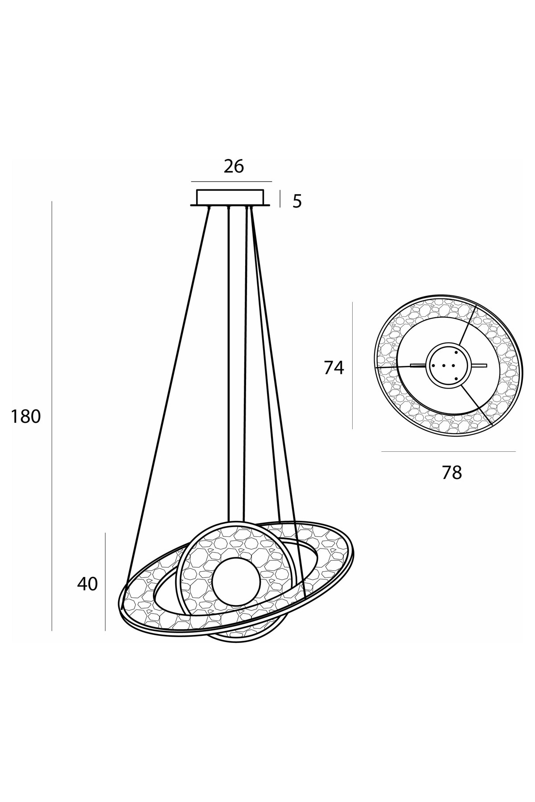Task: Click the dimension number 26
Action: [234, 166]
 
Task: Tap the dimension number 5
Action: [297, 202]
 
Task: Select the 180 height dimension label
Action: [25, 417]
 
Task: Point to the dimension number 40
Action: [87, 584]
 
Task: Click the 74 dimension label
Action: [334, 368]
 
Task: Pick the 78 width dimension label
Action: [452, 473]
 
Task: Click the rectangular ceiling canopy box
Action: [230, 197]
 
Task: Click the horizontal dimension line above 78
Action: [449, 451]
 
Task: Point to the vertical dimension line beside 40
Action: [105, 581]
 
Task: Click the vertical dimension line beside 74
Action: [353, 365]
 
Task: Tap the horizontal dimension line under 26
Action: [231, 182]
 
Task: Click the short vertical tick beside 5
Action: [280, 199]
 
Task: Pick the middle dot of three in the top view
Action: [444, 365]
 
